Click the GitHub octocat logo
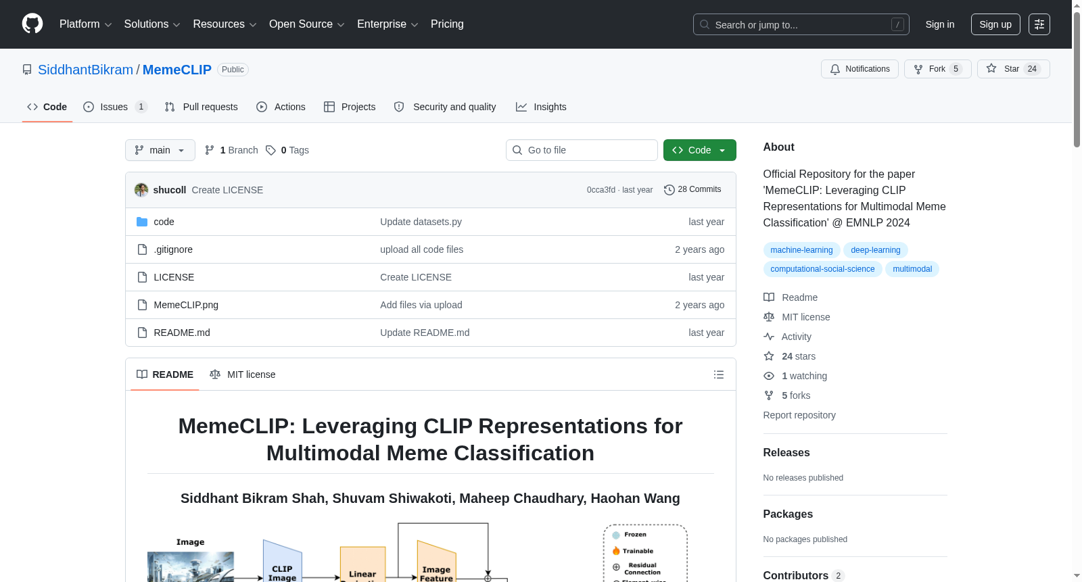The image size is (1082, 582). click(32, 24)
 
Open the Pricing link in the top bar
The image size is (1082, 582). click(447, 24)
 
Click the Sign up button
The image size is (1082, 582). click(995, 24)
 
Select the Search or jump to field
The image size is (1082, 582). click(801, 24)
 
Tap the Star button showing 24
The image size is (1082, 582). click(1013, 69)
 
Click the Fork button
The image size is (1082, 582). click(937, 69)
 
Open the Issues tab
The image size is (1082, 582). click(115, 107)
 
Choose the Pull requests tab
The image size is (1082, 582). click(201, 107)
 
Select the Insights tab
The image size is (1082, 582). click(541, 107)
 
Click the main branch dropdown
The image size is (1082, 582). click(160, 150)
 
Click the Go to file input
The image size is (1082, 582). click(582, 150)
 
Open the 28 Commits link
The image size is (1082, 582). click(692, 189)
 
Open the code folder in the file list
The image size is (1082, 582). click(164, 222)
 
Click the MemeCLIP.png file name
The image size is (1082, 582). click(186, 305)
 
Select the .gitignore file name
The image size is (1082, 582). click(173, 249)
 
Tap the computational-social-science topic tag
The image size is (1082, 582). click(822, 269)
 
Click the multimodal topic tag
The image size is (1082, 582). click(912, 269)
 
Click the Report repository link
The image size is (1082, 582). click(799, 415)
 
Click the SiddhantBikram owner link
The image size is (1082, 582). click(85, 70)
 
